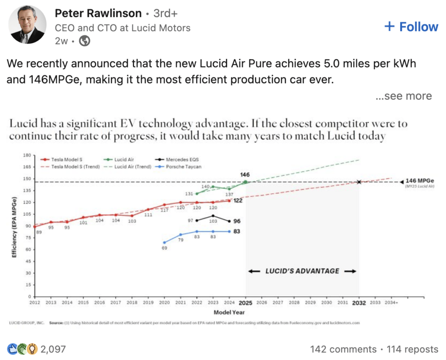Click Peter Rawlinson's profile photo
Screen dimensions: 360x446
click(28, 25)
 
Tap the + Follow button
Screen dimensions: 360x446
click(411, 27)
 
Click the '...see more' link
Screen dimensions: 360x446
click(403, 96)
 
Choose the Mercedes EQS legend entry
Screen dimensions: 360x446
click(181, 160)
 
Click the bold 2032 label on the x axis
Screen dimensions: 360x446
click(359, 303)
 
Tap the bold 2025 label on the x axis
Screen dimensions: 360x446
click(246, 303)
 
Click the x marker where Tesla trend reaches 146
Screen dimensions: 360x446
click(359, 182)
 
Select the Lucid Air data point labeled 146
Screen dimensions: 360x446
click(245, 182)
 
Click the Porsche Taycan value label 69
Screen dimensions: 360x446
click(164, 248)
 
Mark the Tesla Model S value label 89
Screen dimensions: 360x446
click(39, 232)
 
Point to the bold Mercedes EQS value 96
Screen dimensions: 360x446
click(237, 221)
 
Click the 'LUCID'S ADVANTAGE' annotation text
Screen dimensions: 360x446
click(302, 271)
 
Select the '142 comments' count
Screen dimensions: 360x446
click(343, 349)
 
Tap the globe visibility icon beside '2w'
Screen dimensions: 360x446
click(85, 41)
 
